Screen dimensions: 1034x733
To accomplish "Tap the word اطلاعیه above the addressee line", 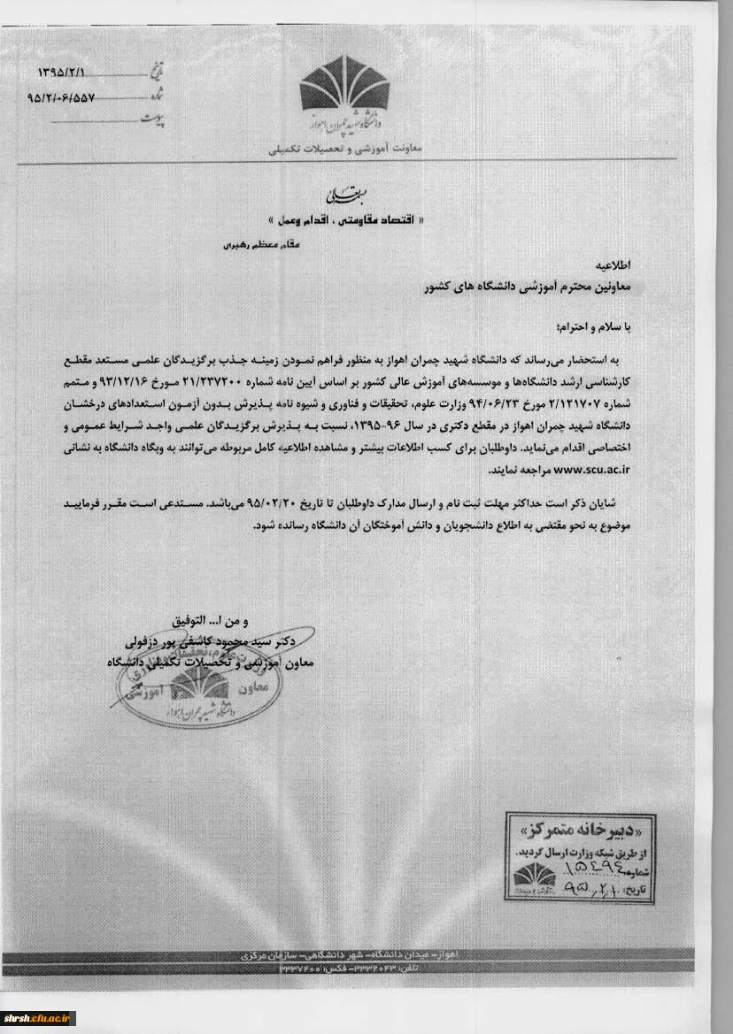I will pyautogui.click(x=614, y=264).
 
